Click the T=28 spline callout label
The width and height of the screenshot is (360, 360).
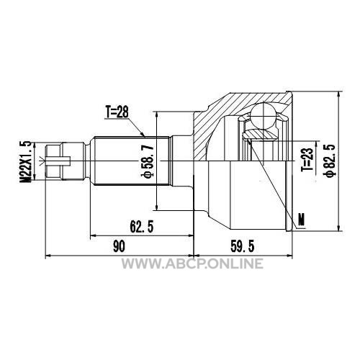click(x=117, y=112)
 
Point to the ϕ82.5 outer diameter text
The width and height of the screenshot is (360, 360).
click(x=329, y=161)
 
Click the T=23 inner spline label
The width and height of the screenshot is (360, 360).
click(x=307, y=159)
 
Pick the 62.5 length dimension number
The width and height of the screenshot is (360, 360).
click(x=142, y=227)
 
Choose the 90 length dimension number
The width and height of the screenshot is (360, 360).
click(x=119, y=246)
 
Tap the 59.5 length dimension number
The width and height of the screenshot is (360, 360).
click(x=242, y=246)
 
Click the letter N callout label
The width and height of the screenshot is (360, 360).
click(x=301, y=219)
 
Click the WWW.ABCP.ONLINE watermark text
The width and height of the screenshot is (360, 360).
click(x=192, y=264)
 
